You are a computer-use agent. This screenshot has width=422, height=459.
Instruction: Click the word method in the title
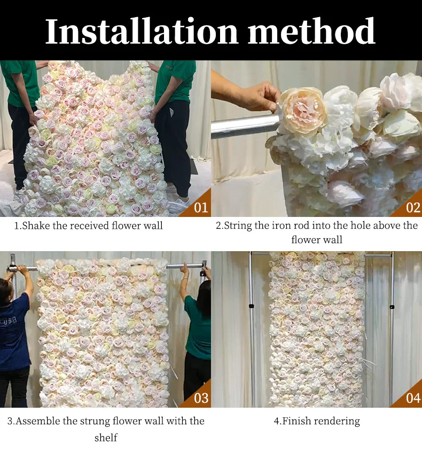pos(311,31)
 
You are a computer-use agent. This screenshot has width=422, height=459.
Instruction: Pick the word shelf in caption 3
pos(106,438)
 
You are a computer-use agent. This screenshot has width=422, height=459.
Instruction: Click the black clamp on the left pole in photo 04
pos(251,306)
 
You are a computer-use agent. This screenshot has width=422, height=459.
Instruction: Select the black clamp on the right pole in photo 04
pos(392,307)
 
